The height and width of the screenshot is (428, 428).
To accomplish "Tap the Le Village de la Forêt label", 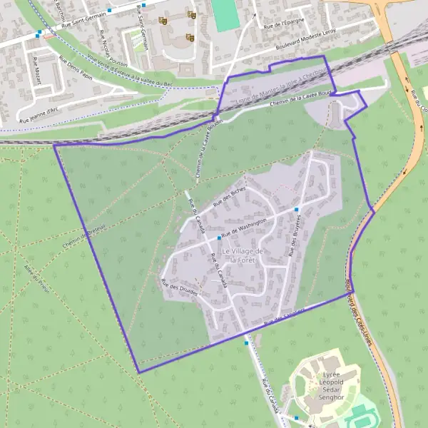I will (x=243, y=255).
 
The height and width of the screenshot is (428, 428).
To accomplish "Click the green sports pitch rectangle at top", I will (x=226, y=15).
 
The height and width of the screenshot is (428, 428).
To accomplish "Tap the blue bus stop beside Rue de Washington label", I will (x=218, y=238).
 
